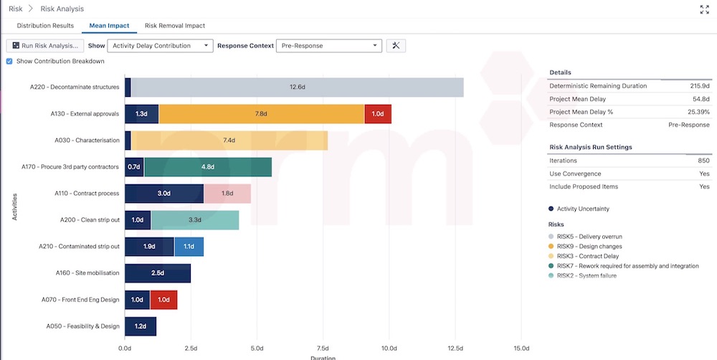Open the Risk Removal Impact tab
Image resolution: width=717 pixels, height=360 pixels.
tap(174, 26)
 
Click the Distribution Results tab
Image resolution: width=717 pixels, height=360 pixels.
tap(45, 26)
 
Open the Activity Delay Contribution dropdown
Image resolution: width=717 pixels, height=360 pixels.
tap(160, 46)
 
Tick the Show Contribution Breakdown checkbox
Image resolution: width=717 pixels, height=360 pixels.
tap(9, 62)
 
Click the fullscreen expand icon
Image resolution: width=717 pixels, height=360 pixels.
tap(704, 9)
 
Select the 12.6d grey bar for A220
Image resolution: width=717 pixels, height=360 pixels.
tap(297, 87)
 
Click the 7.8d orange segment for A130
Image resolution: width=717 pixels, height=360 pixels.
tap(262, 114)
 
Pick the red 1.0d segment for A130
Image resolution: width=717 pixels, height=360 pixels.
tap(378, 114)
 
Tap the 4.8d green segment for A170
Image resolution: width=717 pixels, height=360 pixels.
tap(208, 167)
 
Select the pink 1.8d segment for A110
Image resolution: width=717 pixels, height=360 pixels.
tap(227, 194)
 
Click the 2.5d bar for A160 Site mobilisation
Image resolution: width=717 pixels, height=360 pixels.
tap(158, 273)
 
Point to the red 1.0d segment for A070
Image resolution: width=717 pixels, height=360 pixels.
tap(163, 300)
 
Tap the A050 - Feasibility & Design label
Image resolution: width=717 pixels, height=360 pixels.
tap(82, 326)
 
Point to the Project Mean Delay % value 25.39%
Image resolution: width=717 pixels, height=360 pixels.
tap(698, 112)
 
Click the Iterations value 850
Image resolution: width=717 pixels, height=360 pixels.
tap(703, 161)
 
